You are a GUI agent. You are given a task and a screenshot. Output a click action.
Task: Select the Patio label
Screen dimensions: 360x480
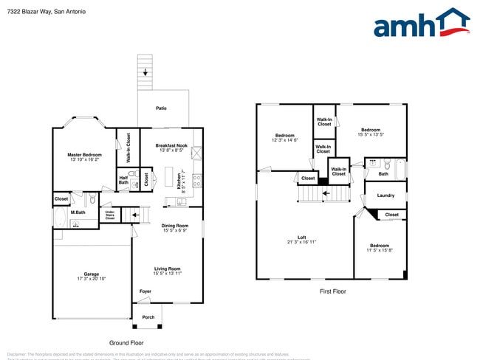click(x=161, y=108)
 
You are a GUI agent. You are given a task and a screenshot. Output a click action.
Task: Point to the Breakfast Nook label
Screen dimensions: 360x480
click(x=171, y=145)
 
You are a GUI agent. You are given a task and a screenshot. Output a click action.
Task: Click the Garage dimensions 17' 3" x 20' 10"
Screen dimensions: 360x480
click(x=91, y=278)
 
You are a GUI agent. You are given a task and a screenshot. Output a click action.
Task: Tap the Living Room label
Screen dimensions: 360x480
click(x=167, y=269)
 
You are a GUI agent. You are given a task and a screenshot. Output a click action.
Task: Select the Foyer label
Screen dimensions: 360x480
click(x=145, y=291)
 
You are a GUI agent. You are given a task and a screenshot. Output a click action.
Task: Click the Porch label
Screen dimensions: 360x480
click(x=148, y=318)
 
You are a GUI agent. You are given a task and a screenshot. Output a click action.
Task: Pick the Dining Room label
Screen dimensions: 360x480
click(x=174, y=225)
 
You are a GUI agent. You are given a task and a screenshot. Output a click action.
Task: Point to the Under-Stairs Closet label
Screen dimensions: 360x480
click(x=109, y=215)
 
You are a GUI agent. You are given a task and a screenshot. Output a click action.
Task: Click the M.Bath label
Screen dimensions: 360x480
click(x=78, y=212)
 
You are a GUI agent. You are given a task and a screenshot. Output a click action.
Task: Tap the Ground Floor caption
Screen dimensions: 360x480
click(x=126, y=342)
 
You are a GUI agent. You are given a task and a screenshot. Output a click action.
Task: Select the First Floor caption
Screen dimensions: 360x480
click(x=332, y=291)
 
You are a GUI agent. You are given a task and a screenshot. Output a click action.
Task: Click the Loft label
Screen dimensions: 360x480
click(x=301, y=237)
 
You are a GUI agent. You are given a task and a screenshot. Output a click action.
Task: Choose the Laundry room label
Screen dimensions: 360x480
click(x=385, y=195)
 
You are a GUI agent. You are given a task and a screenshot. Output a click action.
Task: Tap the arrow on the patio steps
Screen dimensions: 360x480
click(x=145, y=72)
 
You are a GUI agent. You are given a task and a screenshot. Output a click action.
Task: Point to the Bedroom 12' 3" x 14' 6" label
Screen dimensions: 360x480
click(x=285, y=135)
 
